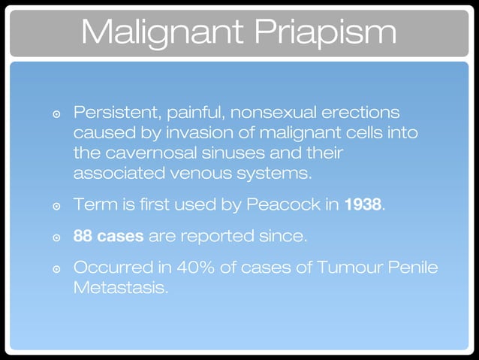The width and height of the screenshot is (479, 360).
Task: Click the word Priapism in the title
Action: click(324, 32)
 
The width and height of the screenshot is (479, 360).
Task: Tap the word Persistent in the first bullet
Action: click(113, 113)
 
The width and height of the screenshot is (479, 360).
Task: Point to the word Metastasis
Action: click(120, 288)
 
